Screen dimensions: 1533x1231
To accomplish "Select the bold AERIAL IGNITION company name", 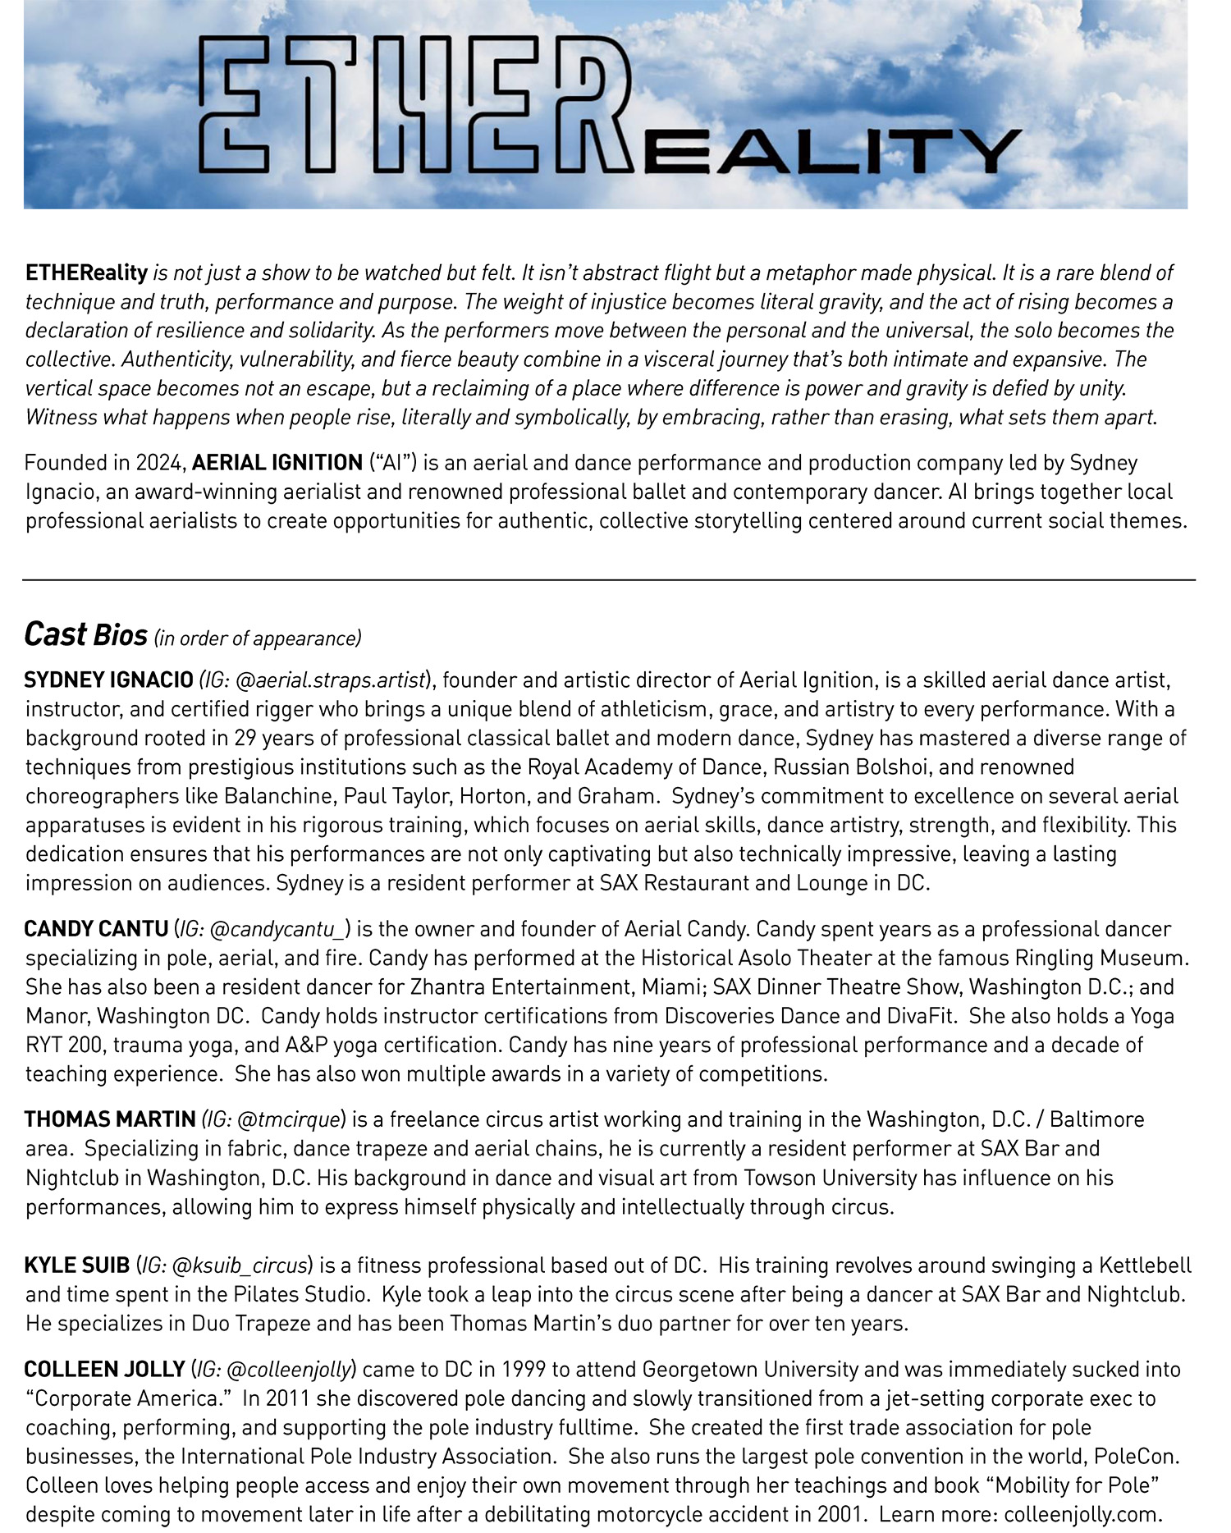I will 277,463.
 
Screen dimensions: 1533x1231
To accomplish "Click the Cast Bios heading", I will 85,634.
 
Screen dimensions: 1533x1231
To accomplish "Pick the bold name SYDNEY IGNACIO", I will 108,680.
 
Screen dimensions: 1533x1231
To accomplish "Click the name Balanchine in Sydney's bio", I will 280,796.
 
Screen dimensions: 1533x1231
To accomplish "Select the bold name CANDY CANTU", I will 96,929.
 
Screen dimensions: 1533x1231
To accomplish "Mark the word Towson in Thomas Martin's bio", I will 778,1178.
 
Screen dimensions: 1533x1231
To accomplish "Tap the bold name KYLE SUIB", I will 77,1265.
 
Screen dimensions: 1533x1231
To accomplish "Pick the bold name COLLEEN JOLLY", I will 104,1369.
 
